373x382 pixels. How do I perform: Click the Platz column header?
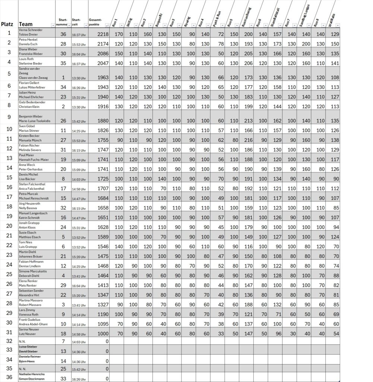[7, 24]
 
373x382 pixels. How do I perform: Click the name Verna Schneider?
[31, 29]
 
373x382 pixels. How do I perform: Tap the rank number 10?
[9, 129]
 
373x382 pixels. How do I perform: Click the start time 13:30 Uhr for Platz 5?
[79, 78]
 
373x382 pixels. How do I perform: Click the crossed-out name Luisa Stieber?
[28, 347]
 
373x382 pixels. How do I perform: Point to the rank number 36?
[9, 377]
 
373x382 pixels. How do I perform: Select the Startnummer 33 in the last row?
[63, 379]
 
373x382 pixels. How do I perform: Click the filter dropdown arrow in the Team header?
[53, 25]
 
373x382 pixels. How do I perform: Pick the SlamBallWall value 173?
[276, 44]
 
